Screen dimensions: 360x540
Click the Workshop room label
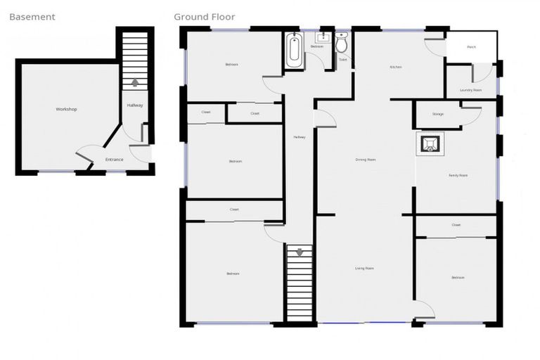[x=66, y=110]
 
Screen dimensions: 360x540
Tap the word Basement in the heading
[x=32, y=17]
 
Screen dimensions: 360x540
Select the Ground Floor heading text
[x=205, y=17]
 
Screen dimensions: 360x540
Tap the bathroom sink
[x=323, y=37]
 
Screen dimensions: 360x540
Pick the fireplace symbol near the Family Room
[x=430, y=143]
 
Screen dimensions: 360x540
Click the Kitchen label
[x=396, y=67]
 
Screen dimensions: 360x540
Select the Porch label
[x=471, y=48]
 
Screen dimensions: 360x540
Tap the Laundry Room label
[x=470, y=90]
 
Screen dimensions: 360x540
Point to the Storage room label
[x=438, y=114]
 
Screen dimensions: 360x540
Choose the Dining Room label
[x=366, y=160]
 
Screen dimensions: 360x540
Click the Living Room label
[x=364, y=268]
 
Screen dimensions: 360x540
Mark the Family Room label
[x=458, y=175]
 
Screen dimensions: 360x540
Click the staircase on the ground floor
[x=299, y=283]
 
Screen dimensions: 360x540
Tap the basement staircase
[x=135, y=60]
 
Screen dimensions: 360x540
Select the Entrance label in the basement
[x=114, y=160]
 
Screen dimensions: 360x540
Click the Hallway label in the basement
[x=135, y=105]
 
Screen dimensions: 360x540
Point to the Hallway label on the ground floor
[x=300, y=137]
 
